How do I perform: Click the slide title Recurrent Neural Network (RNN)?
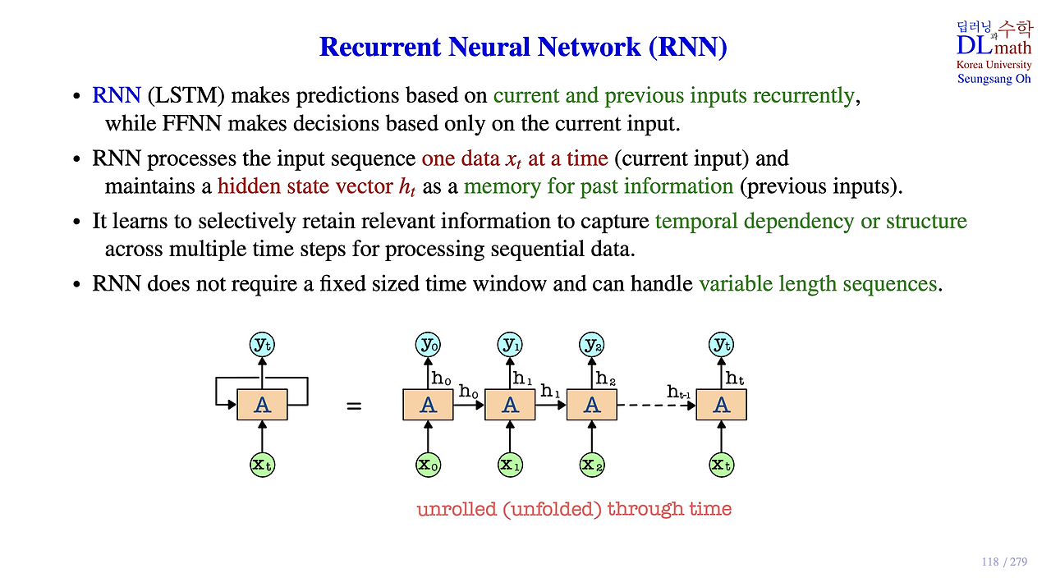point(523,47)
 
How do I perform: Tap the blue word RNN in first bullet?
point(117,96)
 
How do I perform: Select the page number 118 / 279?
point(1004,562)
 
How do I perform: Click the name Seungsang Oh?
point(994,79)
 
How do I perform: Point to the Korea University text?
point(994,65)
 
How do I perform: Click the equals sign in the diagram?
point(354,406)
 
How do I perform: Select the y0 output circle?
point(428,345)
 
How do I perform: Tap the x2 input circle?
point(592,465)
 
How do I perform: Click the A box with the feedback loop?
point(262,405)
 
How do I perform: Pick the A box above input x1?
point(510,405)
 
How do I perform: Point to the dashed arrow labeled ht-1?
point(655,405)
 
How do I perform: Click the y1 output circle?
point(510,345)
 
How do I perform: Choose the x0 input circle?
point(428,465)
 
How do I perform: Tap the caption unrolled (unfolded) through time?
point(574,509)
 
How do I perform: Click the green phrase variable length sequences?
point(817,284)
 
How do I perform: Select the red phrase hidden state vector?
point(305,186)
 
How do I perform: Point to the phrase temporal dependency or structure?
point(810,222)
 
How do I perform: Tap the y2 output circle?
point(592,345)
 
